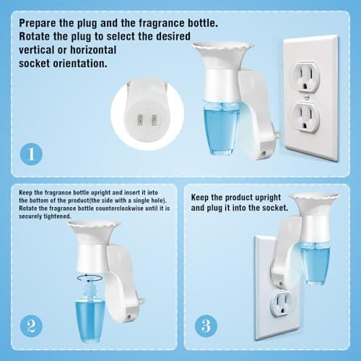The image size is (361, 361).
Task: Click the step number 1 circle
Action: (30, 154)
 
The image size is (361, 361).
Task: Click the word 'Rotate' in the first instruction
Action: (38, 37)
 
